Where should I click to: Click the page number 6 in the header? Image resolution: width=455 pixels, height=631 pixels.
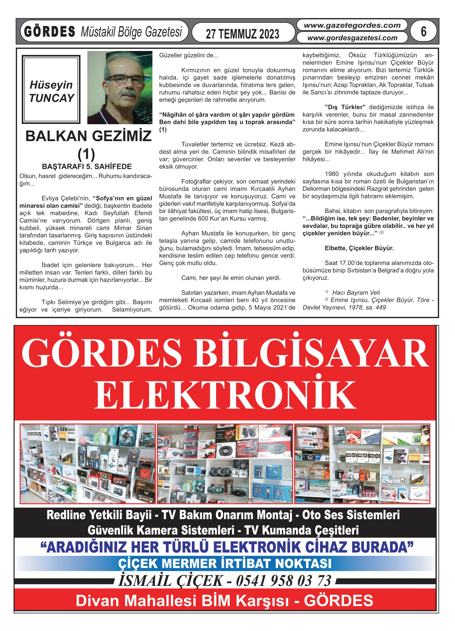click(x=423, y=31)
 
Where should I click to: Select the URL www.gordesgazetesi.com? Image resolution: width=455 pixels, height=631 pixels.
click(x=352, y=38)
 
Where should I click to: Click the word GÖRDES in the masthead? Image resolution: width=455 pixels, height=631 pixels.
click(x=50, y=31)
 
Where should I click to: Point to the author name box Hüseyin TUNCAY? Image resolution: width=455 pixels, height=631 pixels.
click(x=51, y=89)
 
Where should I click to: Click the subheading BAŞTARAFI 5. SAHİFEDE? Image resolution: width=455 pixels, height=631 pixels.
click(x=86, y=166)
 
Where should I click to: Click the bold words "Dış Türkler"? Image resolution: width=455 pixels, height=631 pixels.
click(x=345, y=107)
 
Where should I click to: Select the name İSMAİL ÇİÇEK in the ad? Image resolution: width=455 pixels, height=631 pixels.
click(x=171, y=581)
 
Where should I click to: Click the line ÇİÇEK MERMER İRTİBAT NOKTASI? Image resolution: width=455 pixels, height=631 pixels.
click(x=225, y=564)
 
